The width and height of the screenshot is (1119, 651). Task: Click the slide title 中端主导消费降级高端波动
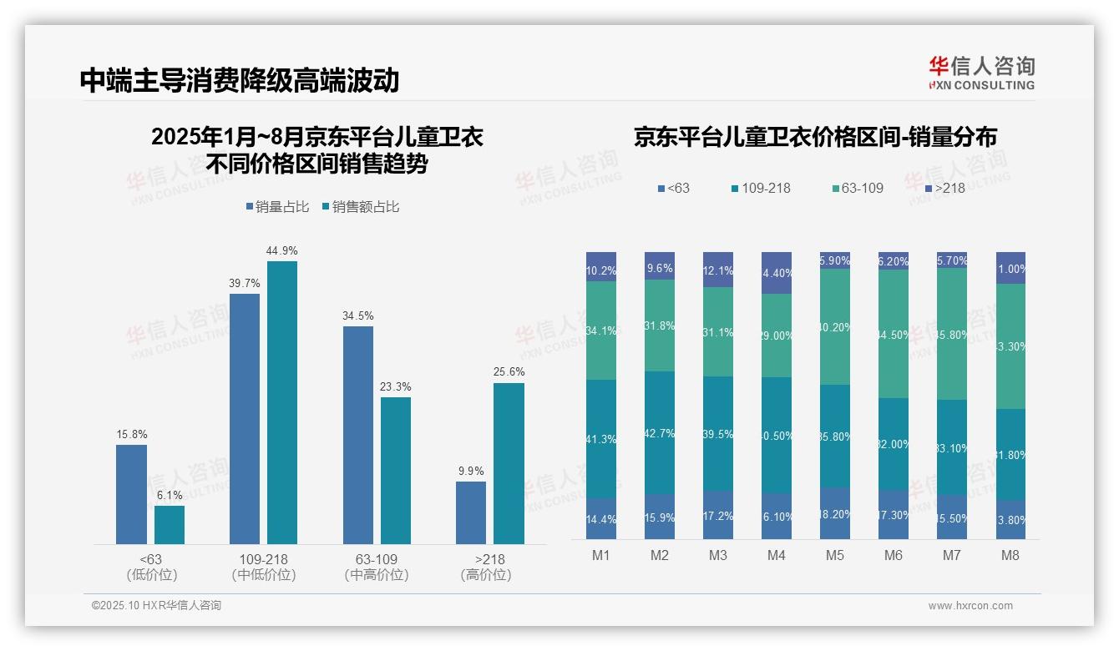pyautogui.click(x=240, y=80)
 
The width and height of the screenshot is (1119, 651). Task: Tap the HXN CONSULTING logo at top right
pyautogui.click(x=981, y=73)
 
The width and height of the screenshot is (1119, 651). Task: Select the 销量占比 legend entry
pyautogui.click(x=279, y=207)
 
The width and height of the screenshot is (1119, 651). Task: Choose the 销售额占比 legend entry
pyautogui.click(x=361, y=207)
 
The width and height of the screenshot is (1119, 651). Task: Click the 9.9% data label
pyautogui.click(x=471, y=472)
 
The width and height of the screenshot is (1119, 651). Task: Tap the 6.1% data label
pyautogui.click(x=170, y=495)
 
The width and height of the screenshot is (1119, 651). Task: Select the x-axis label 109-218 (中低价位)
pyautogui.click(x=264, y=567)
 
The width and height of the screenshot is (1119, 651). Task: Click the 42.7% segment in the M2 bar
pyautogui.click(x=659, y=432)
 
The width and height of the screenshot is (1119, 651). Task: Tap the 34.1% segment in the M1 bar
pyautogui.click(x=601, y=331)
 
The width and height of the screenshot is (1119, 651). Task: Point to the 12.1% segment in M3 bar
pyautogui.click(x=718, y=270)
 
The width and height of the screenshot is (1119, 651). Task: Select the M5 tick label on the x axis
pyautogui.click(x=835, y=556)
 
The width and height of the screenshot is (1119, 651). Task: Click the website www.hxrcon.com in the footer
pyautogui.click(x=970, y=606)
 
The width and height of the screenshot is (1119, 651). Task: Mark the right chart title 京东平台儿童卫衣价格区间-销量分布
pyautogui.click(x=815, y=138)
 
